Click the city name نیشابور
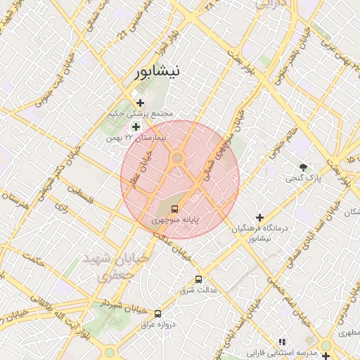[160, 71]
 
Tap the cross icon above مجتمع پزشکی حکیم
[140, 103]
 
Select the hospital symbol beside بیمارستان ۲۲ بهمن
[136, 127]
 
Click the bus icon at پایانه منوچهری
[174, 208]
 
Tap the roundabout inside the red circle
[177, 158]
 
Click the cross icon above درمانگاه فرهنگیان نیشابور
[260, 218]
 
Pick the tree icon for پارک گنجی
[303, 167]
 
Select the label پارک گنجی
[303, 179]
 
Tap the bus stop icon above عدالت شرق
[199, 278]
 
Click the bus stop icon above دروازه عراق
[157, 314]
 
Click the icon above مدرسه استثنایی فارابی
[282, 341]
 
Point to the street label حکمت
[32, 261]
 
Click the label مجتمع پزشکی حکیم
[139, 114]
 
